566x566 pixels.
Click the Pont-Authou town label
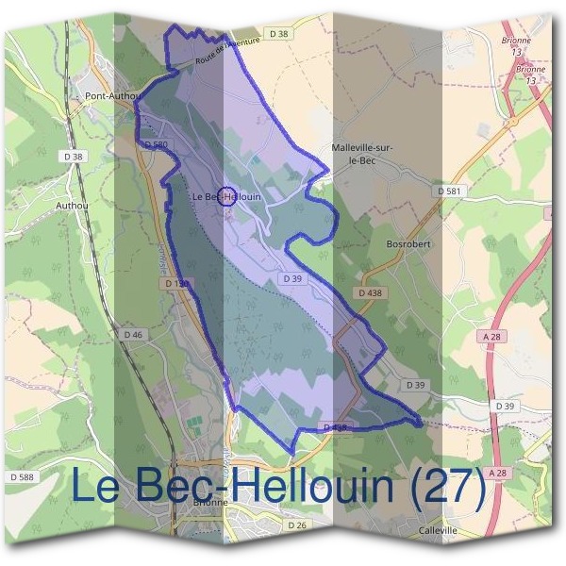[112, 95]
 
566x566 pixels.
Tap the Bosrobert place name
[408, 242]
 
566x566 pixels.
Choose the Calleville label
[438, 531]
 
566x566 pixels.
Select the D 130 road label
[176, 283]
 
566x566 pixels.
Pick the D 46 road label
[132, 335]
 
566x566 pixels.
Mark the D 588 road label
[19, 478]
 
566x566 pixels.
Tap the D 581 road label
[451, 191]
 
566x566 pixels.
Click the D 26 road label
[296, 524]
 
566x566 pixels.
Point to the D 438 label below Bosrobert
[370, 293]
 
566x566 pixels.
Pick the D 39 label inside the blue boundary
[291, 279]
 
